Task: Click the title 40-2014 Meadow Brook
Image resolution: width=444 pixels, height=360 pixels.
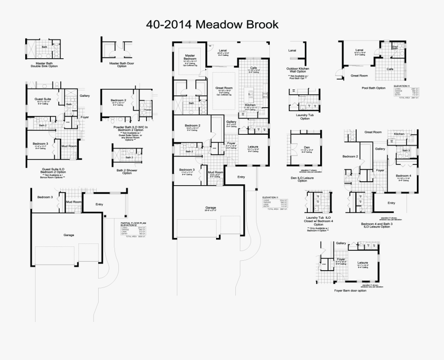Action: (x=212, y=24)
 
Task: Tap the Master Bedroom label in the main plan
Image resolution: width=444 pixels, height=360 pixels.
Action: (x=190, y=57)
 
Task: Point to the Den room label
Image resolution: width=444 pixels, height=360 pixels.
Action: (x=306, y=147)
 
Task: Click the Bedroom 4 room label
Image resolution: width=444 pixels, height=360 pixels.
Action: (x=403, y=176)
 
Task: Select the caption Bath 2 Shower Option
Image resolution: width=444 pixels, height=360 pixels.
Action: (x=127, y=171)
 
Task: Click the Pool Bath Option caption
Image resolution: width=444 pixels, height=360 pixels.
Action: (x=373, y=88)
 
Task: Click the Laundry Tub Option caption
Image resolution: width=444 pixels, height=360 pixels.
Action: (x=305, y=117)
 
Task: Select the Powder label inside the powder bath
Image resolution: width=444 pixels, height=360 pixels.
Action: (x=148, y=110)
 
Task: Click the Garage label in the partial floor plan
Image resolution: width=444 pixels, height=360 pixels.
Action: (x=69, y=235)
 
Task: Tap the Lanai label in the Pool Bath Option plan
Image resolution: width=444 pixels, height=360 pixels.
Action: (x=359, y=50)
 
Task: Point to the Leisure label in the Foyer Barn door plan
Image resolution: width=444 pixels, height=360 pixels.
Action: (x=363, y=262)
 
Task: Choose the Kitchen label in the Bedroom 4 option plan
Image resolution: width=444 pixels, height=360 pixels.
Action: (x=399, y=134)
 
